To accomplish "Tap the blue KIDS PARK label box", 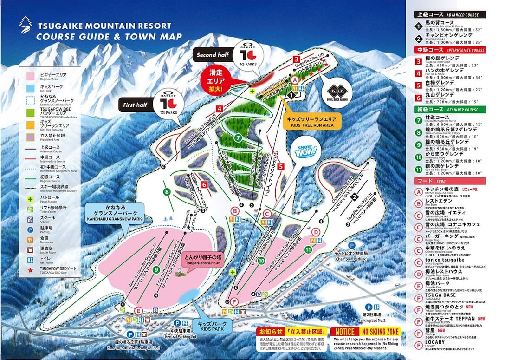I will pos(212,325).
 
